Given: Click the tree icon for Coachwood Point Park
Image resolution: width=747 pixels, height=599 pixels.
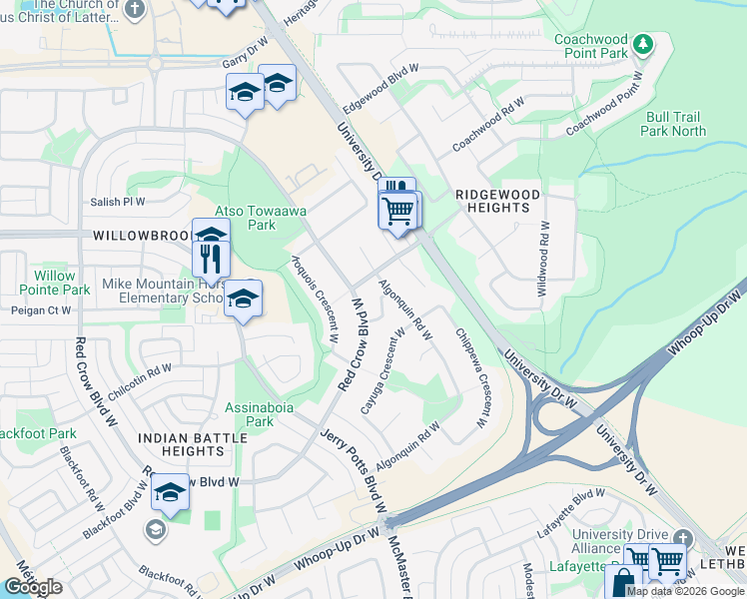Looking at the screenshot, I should [645, 43].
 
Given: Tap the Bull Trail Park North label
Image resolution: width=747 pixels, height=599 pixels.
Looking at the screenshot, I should [673, 124].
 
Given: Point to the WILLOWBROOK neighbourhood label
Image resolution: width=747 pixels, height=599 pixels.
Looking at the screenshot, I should [141, 237].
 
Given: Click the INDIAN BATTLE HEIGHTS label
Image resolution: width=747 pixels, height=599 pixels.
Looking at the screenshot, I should [180, 444].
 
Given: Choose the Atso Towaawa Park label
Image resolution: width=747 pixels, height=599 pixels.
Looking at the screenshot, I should [246, 218].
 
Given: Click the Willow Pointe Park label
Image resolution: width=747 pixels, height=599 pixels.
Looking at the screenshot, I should [54, 283].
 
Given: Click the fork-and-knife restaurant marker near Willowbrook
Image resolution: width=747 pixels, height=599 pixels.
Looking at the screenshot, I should [211, 259].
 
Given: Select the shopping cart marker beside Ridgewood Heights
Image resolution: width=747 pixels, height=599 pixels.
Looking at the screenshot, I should [397, 211].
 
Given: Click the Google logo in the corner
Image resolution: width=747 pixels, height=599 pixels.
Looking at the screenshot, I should [32, 587].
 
